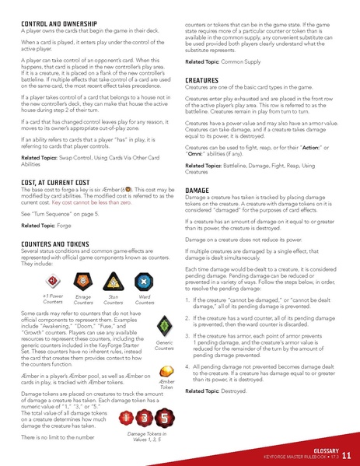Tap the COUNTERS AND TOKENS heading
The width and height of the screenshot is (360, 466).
(61, 244)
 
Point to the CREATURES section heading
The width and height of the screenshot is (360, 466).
(205, 81)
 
